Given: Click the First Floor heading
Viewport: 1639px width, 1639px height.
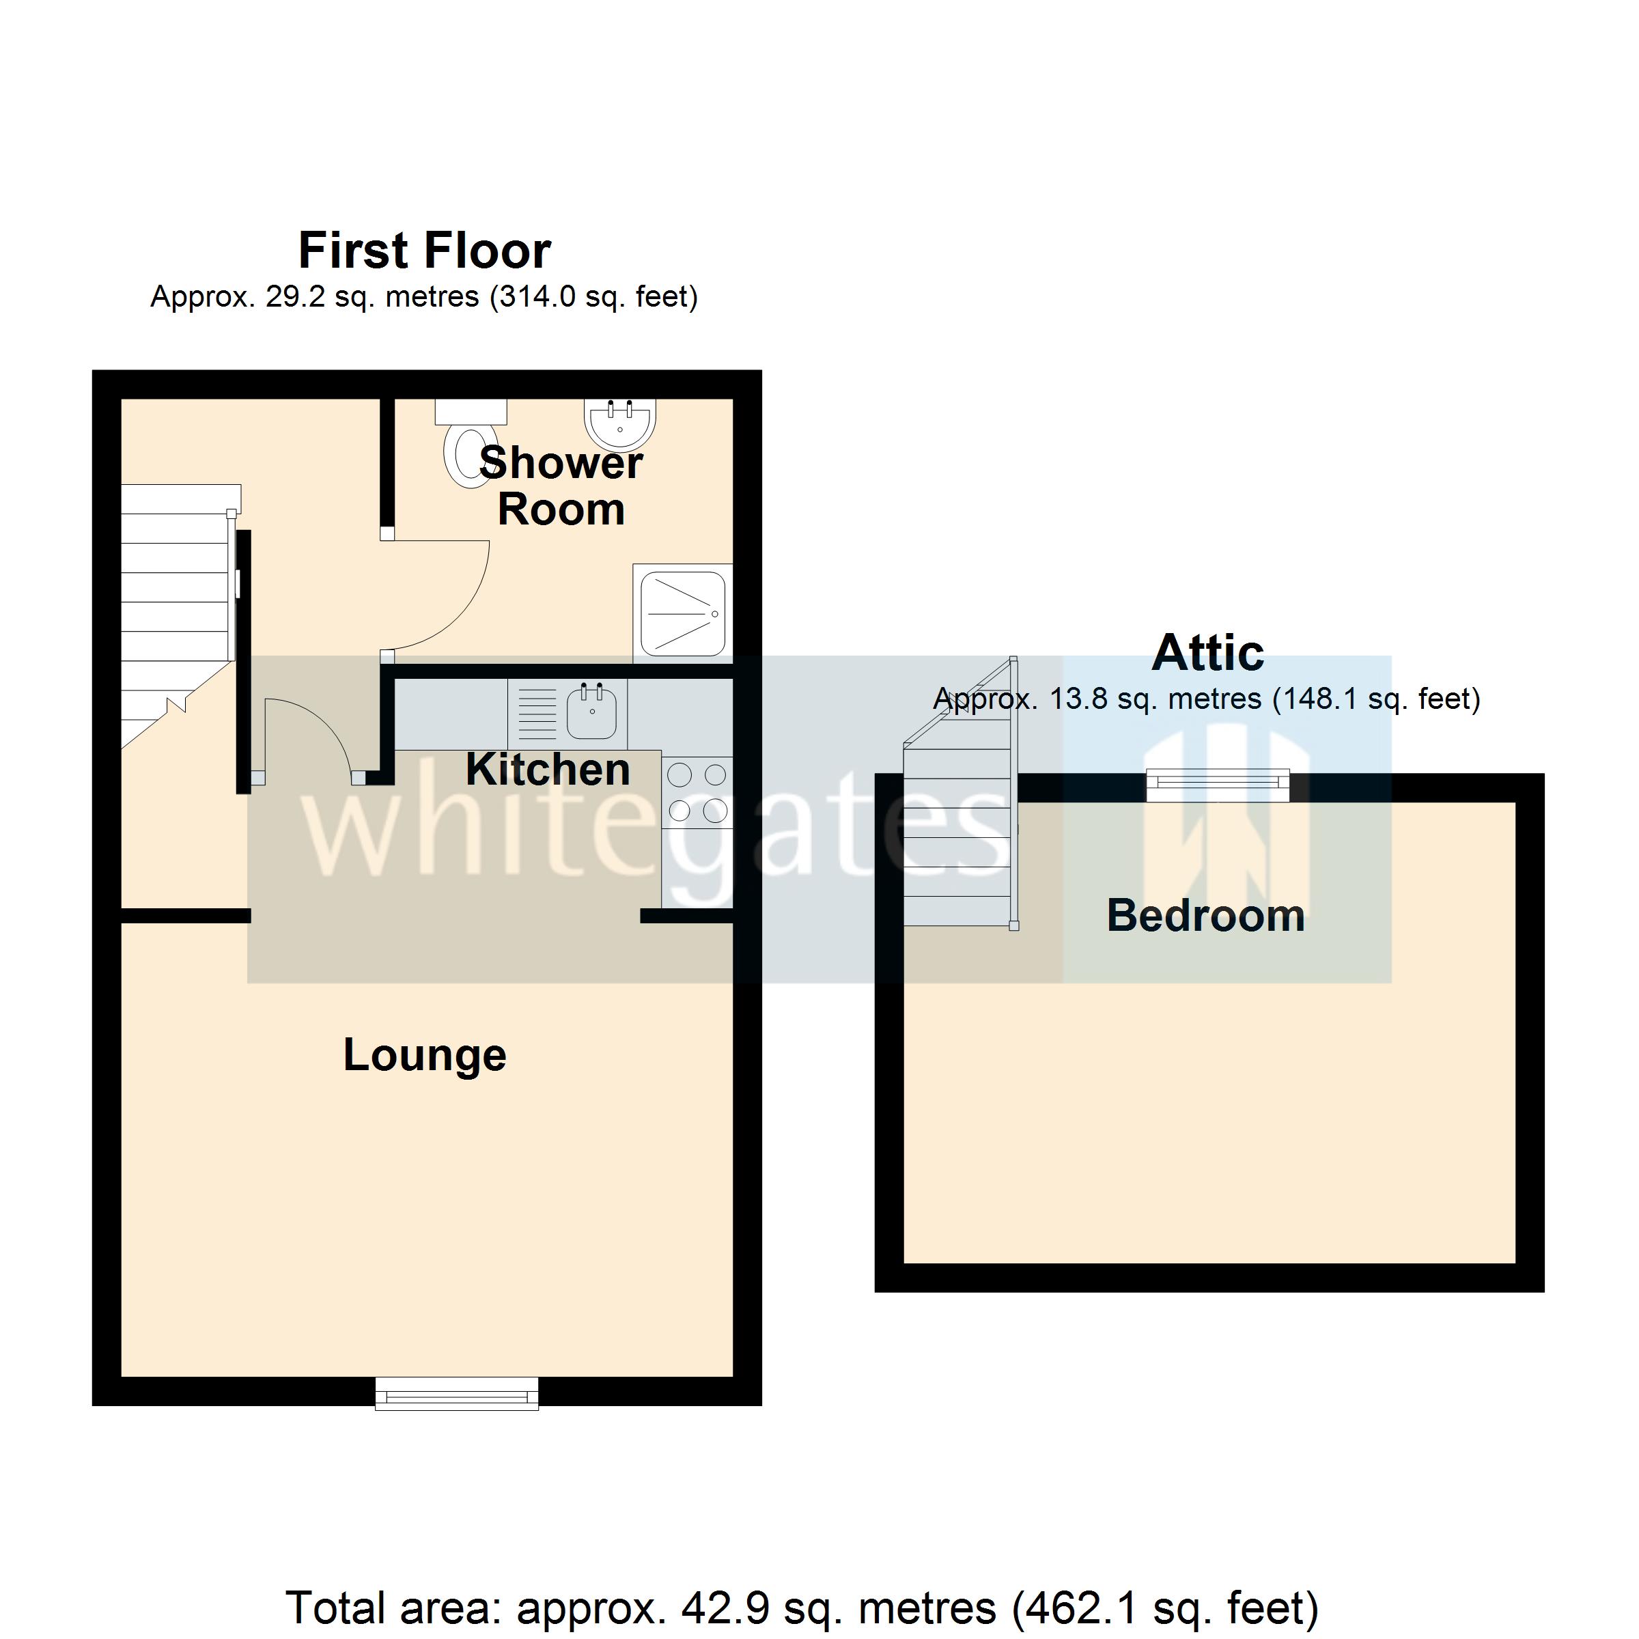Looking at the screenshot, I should click(424, 251).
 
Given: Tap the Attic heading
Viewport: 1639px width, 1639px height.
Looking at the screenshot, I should click(1207, 654).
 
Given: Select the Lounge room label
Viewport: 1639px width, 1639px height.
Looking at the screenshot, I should click(424, 1054).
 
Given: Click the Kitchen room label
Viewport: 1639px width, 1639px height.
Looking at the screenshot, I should click(547, 770).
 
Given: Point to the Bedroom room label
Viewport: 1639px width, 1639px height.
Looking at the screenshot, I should click(1205, 915).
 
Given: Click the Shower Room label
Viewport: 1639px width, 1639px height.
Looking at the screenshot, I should click(561, 486).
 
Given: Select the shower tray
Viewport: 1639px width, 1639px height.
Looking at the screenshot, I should click(682, 613).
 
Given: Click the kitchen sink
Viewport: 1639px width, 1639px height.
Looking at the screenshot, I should click(591, 712).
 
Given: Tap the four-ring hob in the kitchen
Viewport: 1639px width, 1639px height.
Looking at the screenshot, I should click(697, 792).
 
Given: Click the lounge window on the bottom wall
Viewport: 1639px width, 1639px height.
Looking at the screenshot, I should click(456, 1394).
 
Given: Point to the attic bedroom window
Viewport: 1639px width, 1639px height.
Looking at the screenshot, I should click(1218, 785).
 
